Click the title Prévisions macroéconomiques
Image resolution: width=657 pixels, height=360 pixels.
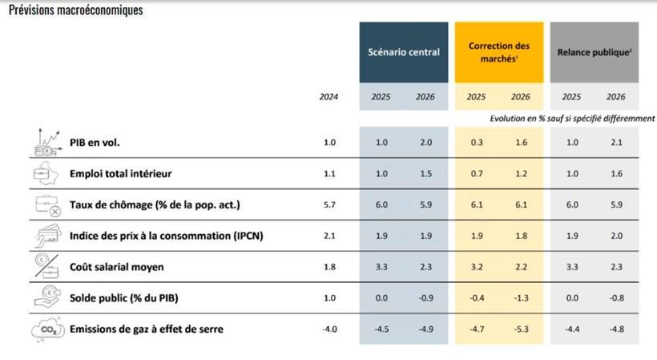(x=75, y=10)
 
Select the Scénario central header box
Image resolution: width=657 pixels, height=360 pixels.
(x=403, y=52)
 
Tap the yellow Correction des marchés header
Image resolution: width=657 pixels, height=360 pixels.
(x=499, y=52)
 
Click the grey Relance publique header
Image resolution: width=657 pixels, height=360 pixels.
(x=594, y=52)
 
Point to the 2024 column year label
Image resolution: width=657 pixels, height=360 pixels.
(x=328, y=97)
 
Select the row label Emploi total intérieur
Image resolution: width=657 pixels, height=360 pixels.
(x=120, y=173)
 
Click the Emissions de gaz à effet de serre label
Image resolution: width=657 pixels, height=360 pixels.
(x=147, y=329)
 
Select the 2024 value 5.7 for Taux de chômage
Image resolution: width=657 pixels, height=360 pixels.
(x=329, y=204)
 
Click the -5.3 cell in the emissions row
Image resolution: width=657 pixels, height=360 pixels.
(x=521, y=329)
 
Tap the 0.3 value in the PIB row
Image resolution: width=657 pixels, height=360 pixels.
(x=476, y=143)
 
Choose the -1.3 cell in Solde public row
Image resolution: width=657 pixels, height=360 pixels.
(x=521, y=298)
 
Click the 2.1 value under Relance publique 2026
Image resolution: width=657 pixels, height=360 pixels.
(x=616, y=143)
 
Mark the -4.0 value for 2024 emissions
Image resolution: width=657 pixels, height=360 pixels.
(x=329, y=329)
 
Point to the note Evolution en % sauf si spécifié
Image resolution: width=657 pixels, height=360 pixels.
(x=572, y=118)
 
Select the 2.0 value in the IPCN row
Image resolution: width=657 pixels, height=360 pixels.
(x=616, y=236)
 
